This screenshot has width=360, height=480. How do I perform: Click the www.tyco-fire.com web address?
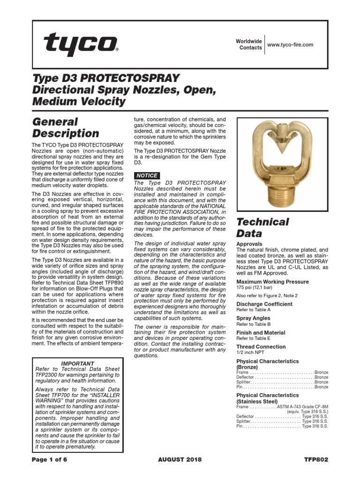point(290,45)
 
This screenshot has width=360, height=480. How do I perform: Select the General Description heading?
point(66,127)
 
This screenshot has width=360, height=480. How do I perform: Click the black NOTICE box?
point(147,175)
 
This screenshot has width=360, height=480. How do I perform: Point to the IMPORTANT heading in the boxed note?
point(78,363)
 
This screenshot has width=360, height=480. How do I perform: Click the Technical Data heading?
point(262,228)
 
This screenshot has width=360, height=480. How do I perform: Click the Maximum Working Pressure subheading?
point(272,282)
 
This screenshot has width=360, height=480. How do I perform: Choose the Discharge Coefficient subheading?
point(264,304)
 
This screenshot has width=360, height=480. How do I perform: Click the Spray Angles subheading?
point(253,318)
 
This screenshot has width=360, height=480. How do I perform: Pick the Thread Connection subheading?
point(261,347)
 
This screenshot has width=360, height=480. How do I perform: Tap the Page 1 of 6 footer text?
point(50,459)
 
